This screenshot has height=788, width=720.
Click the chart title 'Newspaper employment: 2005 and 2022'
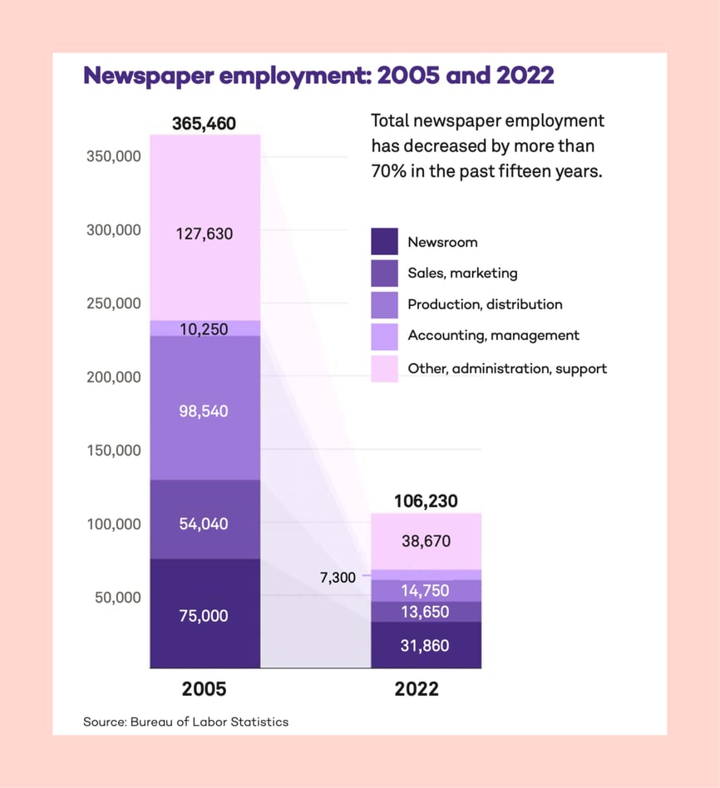coord(318,76)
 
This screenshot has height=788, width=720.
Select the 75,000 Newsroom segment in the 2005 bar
coord(205,615)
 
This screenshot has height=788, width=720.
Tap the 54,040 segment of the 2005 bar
coord(205,524)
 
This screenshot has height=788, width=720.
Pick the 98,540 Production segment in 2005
coord(205,411)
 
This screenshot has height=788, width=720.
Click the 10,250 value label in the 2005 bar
coord(205,329)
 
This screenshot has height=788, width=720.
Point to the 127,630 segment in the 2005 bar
coord(205,234)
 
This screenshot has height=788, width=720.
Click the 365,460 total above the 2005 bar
coord(205,124)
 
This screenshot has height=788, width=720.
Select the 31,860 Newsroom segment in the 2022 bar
coord(426,645)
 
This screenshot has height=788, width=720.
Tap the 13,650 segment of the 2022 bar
coord(426,612)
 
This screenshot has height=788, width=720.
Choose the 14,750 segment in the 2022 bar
coord(426,591)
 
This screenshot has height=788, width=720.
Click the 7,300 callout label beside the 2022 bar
coord(338,577)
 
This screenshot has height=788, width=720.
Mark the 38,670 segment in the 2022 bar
coord(426,541)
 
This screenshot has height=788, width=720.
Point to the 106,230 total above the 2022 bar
coord(426,501)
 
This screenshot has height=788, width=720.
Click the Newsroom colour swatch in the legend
coord(384,242)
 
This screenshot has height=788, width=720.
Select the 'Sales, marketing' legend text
coord(462,273)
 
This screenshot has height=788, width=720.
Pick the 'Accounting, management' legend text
coord(493,336)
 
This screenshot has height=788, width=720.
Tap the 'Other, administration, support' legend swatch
coord(384,368)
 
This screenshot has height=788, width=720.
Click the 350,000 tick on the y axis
coord(114,156)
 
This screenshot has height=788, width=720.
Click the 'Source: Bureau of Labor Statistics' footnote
coord(185,722)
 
